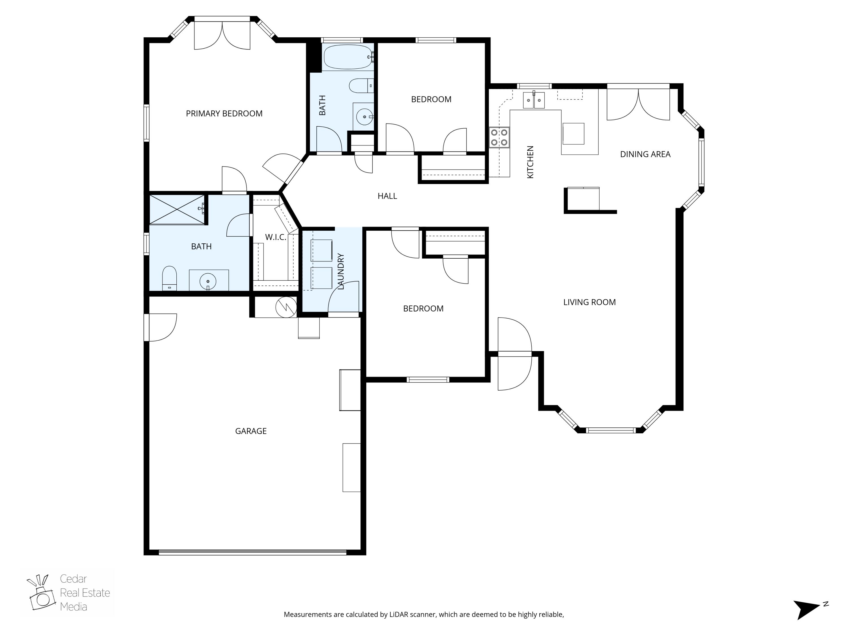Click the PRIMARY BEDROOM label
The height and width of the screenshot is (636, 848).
tap(224, 113)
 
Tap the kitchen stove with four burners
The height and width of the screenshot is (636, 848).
tap(499, 138)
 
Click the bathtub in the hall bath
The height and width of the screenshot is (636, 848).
tap(348, 57)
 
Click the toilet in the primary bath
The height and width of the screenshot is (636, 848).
tap(169, 278)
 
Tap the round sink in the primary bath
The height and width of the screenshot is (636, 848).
tap(208, 281)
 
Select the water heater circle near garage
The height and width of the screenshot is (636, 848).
tap(286, 307)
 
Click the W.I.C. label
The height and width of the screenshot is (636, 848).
tap(276, 237)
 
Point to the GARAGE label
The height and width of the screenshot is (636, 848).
tap(251, 431)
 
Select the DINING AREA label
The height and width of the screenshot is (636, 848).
tap(645, 154)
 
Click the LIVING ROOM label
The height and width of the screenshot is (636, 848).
tap(589, 302)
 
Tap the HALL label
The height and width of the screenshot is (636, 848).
tap(387, 196)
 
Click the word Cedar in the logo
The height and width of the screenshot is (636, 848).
tap(73, 579)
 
